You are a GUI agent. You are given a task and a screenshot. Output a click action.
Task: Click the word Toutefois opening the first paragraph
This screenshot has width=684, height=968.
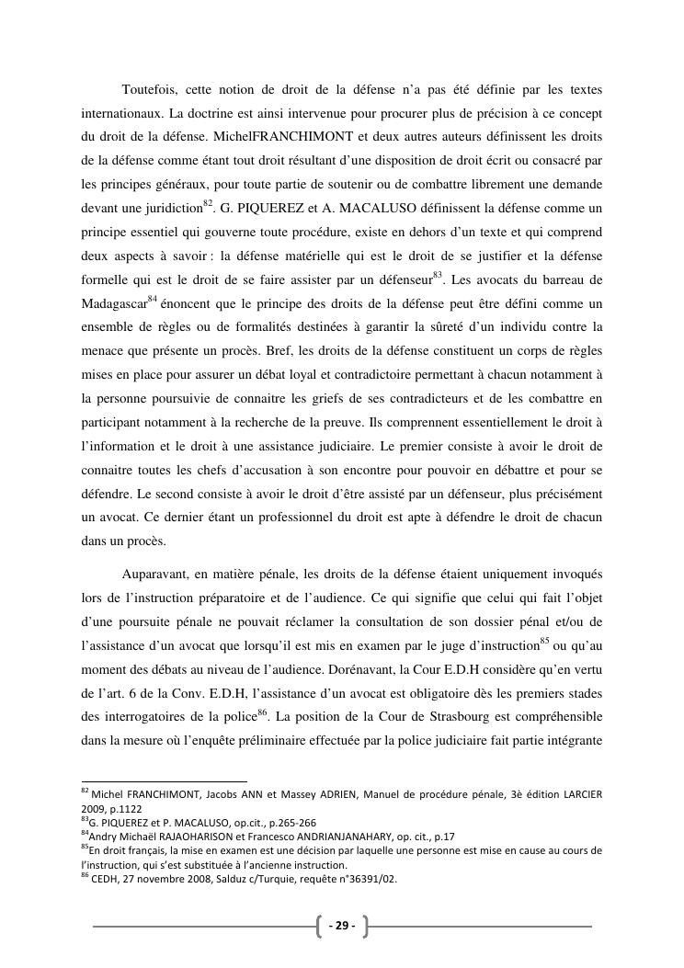click(149, 89)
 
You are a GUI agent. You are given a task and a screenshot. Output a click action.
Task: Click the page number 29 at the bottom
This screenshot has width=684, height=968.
click(341, 926)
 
